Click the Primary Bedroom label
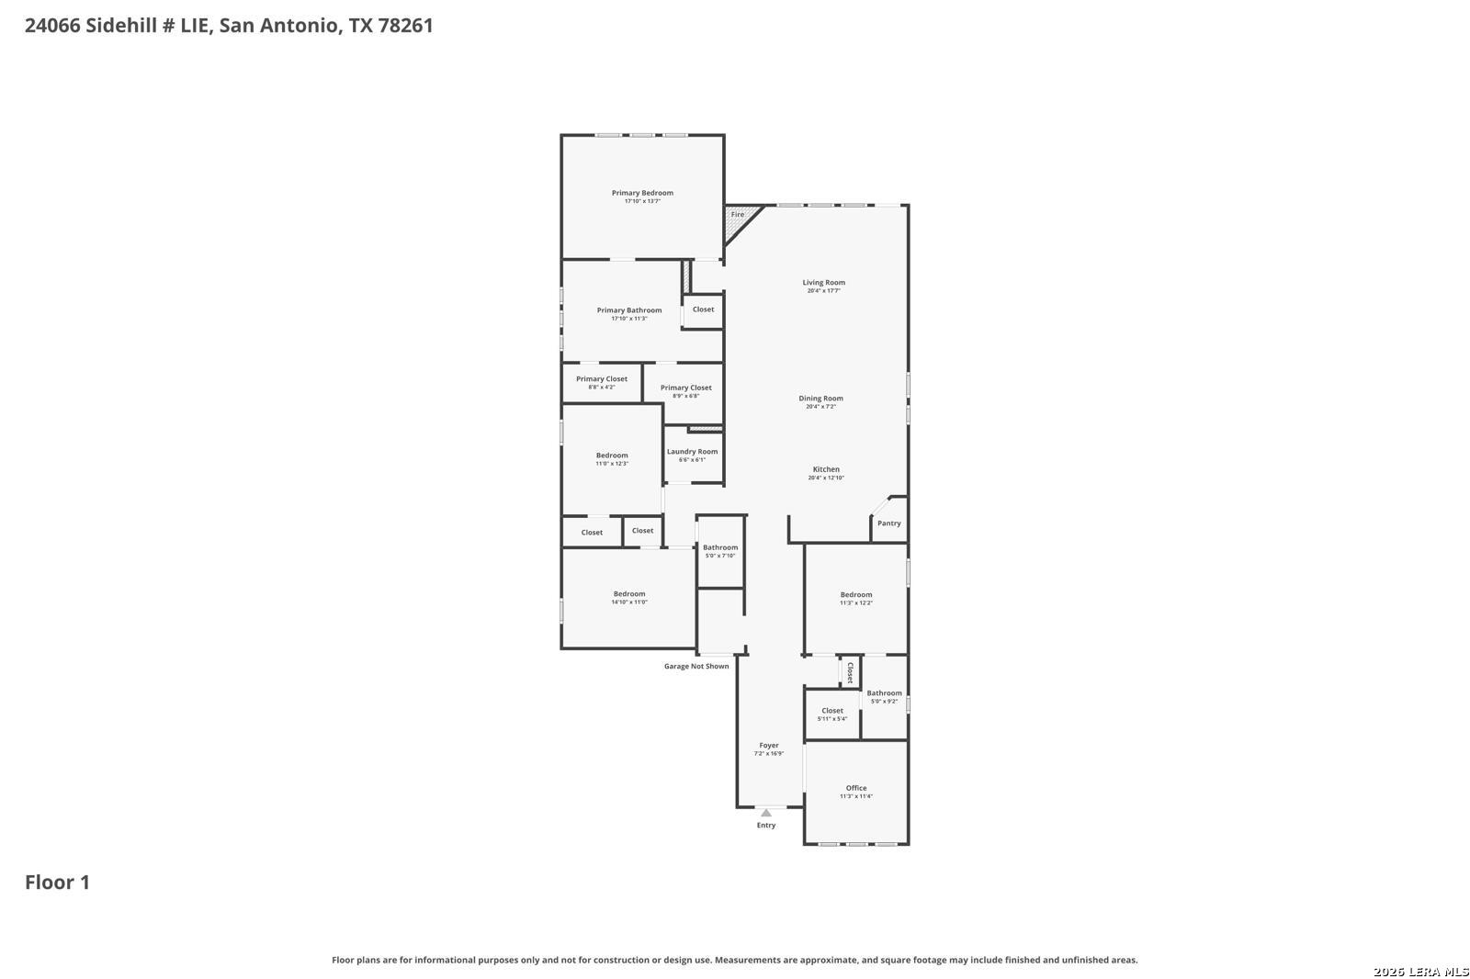pyautogui.click(x=642, y=193)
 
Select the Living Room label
pyautogui.click(x=823, y=283)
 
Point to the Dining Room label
pyautogui.click(x=820, y=399)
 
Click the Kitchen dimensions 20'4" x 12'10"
pyautogui.click(x=826, y=478)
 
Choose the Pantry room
pyautogui.click(x=888, y=523)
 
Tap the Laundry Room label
pyautogui.click(x=692, y=452)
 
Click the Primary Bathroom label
pyautogui.click(x=628, y=310)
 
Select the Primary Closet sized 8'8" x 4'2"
pyautogui.click(x=602, y=382)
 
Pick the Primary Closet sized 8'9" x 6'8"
pyautogui.click(x=685, y=391)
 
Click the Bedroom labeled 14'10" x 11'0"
pyautogui.click(x=629, y=597)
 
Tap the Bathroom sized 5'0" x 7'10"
pyautogui.click(x=720, y=551)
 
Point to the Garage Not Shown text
pyautogui.click(x=696, y=667)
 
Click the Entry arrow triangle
pyautogui.click(x=766, y=813)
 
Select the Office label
pyautogui.click(x=856, y=788)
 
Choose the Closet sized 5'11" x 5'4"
pyautogui.click(x=832, y=715)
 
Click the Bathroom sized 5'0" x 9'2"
pyautogui.click(x=884, y=697)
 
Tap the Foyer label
pyautogui.click(x=769, y=746)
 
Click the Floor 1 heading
pyautogui.click(x=57, y=883)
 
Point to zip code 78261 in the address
pyautogui.click(x=405, y=26)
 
